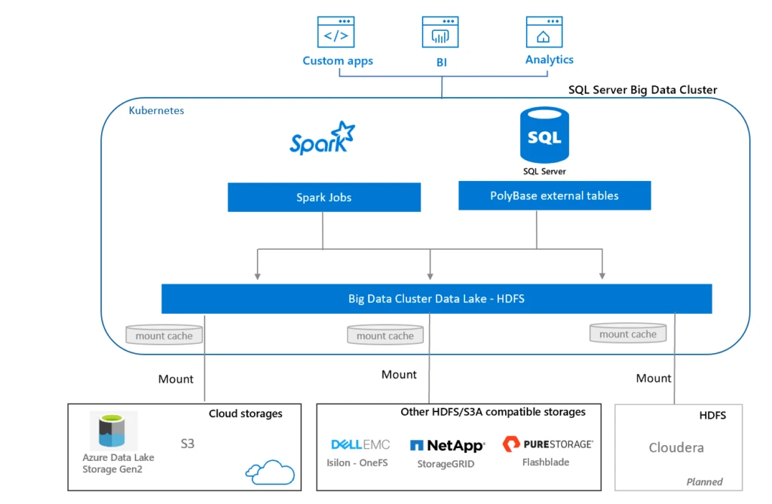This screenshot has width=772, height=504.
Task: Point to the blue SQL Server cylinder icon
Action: (x=544, y=136)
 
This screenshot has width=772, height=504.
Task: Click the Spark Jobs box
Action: (x=324, y=198)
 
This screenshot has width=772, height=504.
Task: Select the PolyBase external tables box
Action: (x=554, y=195)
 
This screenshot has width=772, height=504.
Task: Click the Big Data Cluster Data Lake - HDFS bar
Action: (x=437, y=299)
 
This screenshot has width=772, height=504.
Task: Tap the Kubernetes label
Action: (x=156, y=110)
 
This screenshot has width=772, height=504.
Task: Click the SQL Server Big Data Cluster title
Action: (x=642, y=90)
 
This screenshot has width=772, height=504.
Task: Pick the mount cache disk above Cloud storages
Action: (x=164, y=335)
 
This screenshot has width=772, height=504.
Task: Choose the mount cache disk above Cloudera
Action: (x=627, y=333)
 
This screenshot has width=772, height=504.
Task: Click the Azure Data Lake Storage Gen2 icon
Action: (x=113, y=431)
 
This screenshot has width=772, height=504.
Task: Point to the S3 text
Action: (x=187, y=444)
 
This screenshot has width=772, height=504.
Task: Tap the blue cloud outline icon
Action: (x=269, y=472)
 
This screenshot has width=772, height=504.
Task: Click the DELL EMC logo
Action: (x=360, y=444)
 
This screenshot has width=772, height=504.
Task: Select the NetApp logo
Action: (x=446, y=446)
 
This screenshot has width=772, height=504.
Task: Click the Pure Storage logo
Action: (x=547, y=444)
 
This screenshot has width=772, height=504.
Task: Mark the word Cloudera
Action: (x=676, y=447)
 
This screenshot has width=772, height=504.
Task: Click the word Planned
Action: (x=704, y=481)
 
